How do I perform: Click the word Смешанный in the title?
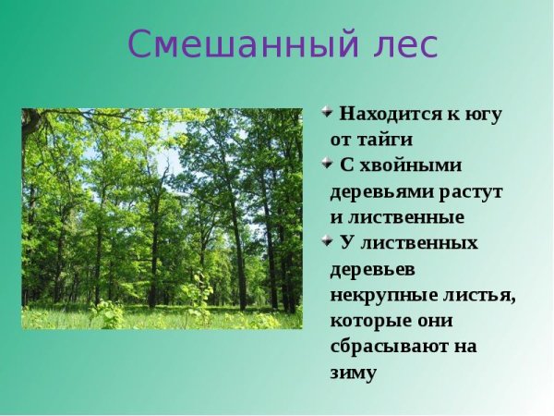tap(241, 44)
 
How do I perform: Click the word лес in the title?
tap(403, 44)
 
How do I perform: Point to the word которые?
tap(370, 321)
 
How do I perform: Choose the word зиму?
tap(354, 373)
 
